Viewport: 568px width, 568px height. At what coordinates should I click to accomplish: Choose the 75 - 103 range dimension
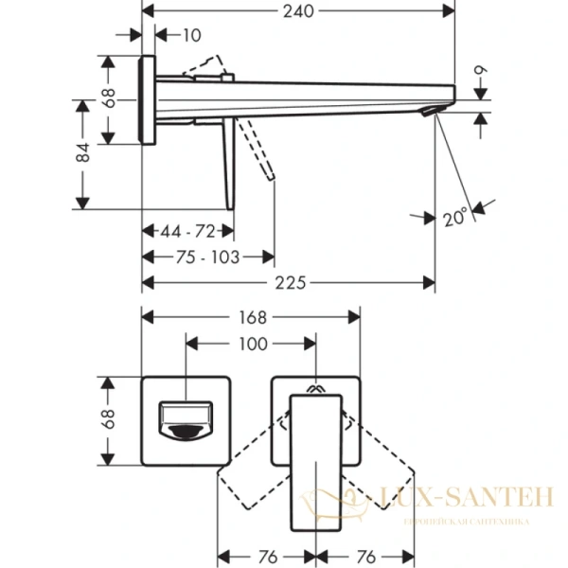tap(208, 257)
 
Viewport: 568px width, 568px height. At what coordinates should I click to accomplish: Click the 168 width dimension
tap(252, 318)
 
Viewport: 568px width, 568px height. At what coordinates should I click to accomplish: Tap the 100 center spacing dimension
tap(252, 345)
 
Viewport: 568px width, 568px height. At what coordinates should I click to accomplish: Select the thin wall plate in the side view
tap(148, 100)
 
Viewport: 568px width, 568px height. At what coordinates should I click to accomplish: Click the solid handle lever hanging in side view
tap(228, 161)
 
